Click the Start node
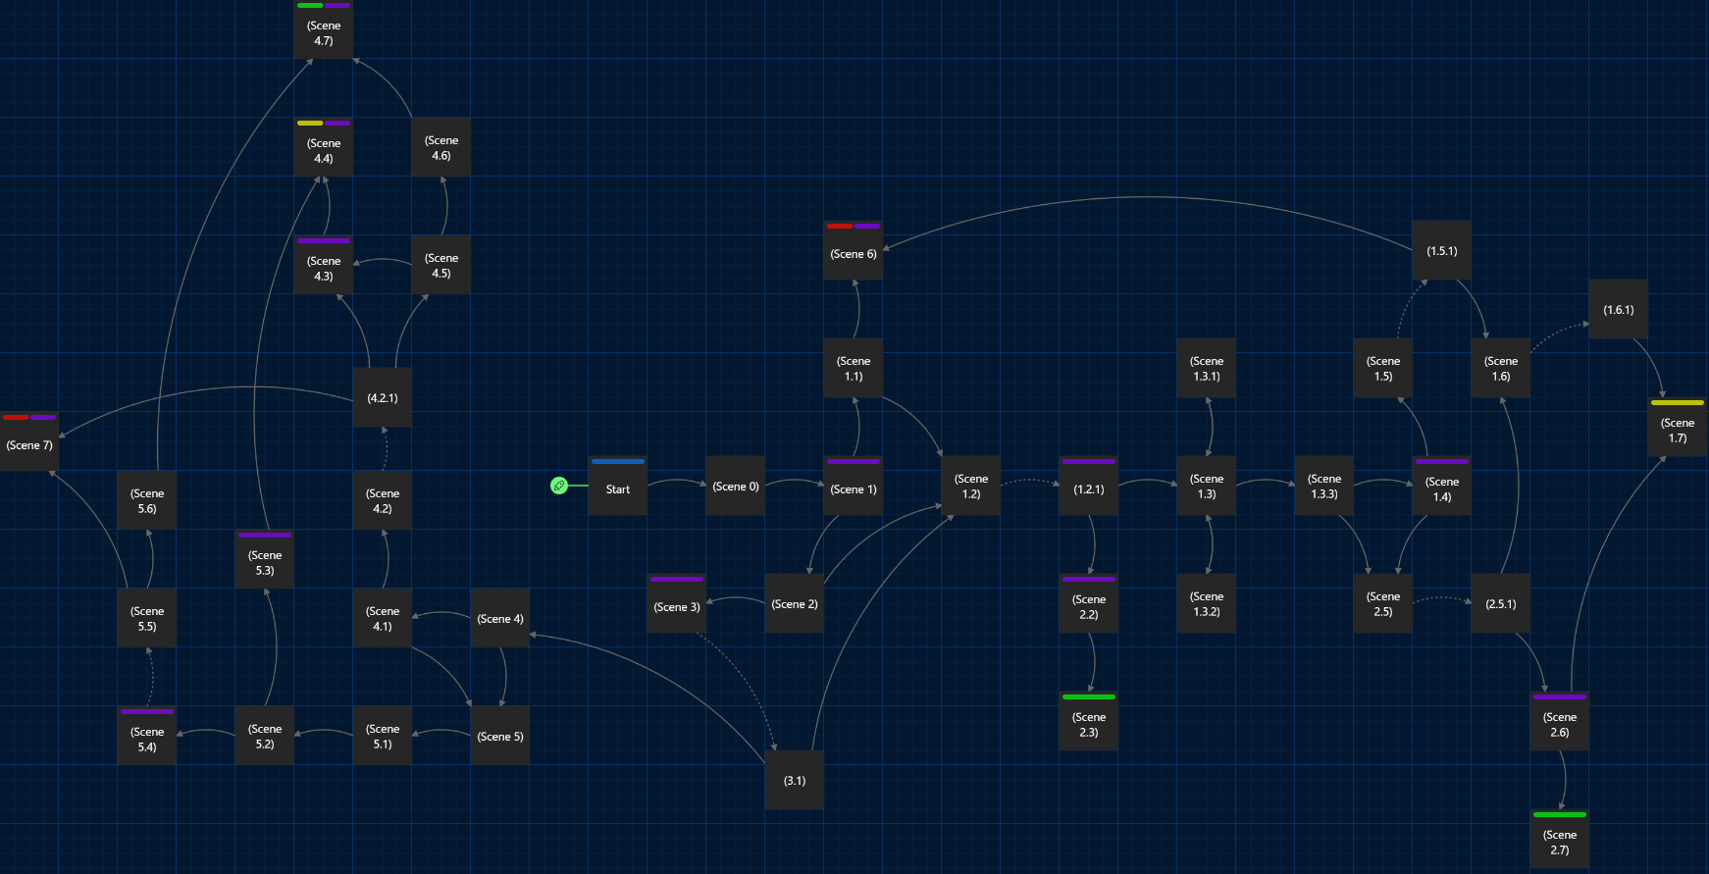tap(618, 488)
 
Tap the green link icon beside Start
tap(559, 486)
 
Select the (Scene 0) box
tap(736, 486)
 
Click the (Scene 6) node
tap(854, 254)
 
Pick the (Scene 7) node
tap(29, 445)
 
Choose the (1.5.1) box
tap(1442, 251)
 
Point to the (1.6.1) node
tap(1619, 310)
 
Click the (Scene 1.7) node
tap(1678, 431)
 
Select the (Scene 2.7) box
tap(1560, 843)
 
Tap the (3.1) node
tap(795, 781)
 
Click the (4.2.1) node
tap(383, 398)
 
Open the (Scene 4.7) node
tap(324, 33)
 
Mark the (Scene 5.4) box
tap(147, 740)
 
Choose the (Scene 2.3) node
tap(1089, 725)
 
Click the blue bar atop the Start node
tap(618, 461)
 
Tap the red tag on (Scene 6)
tap(840, 226)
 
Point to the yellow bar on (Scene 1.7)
tap(1678, 402)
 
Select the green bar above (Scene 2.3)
tap(1089, 696)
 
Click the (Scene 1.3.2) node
tap(1207, 604)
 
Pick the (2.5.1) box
tap(1501, 604)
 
